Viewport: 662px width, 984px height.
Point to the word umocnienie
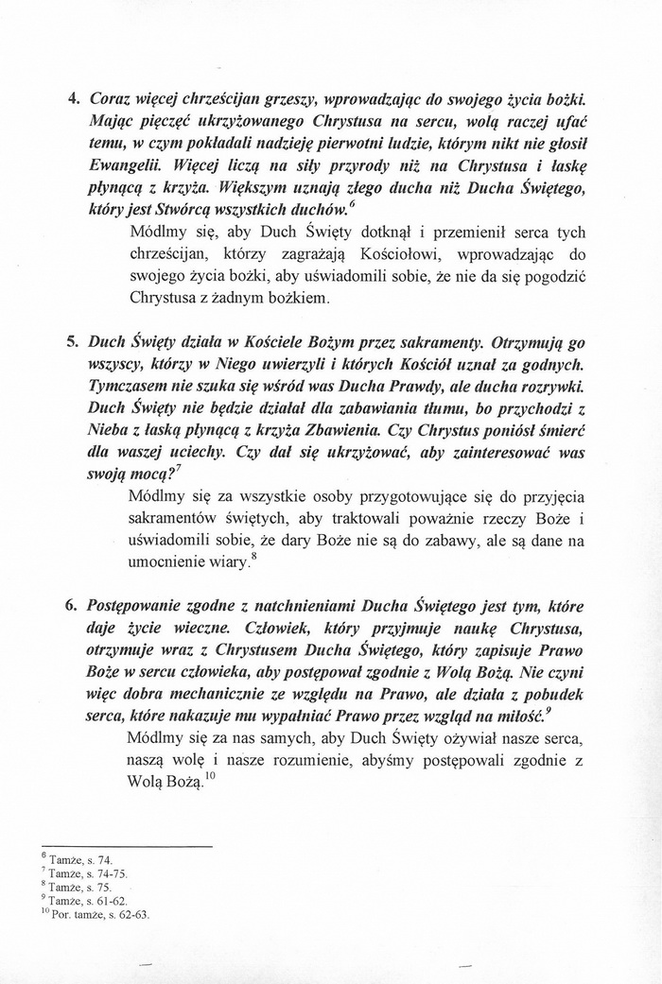point(170,562)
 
